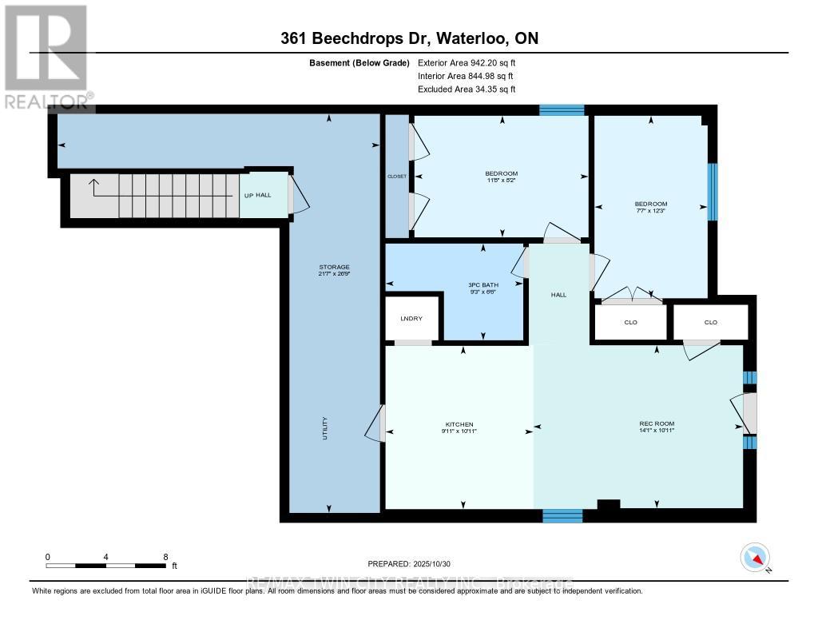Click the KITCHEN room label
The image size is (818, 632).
click(459, 424)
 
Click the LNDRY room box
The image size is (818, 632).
click(411, 318)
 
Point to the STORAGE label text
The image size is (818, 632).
click(333, 267)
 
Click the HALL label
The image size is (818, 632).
click(558, 295)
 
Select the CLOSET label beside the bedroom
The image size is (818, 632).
click(396, 177)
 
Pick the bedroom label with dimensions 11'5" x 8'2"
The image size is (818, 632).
click(501, 174)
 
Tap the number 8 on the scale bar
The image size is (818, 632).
click(165, 556)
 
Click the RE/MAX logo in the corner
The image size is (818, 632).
click(46, 56)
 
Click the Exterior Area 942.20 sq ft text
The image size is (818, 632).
click(472, 62)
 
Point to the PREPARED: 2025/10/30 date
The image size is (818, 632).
click(409, 563)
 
